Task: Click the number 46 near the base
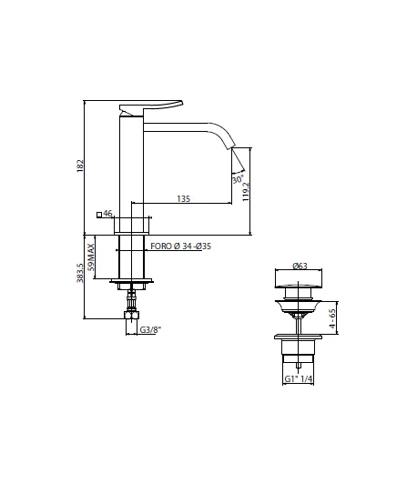click(x=107, y=214)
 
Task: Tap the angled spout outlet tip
click(x=239, y=162)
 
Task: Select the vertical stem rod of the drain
click(x=298, y=321)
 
